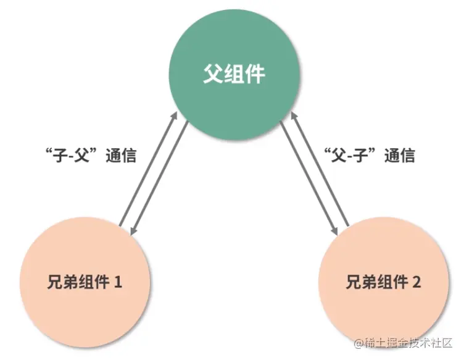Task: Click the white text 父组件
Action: [234, 75]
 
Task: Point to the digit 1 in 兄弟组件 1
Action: [118, 283]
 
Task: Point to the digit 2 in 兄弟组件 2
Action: [416, 283]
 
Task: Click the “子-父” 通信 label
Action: [91, 154]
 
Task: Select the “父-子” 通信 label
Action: [370, 154]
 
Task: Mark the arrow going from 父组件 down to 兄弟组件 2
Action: [309, 179]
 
